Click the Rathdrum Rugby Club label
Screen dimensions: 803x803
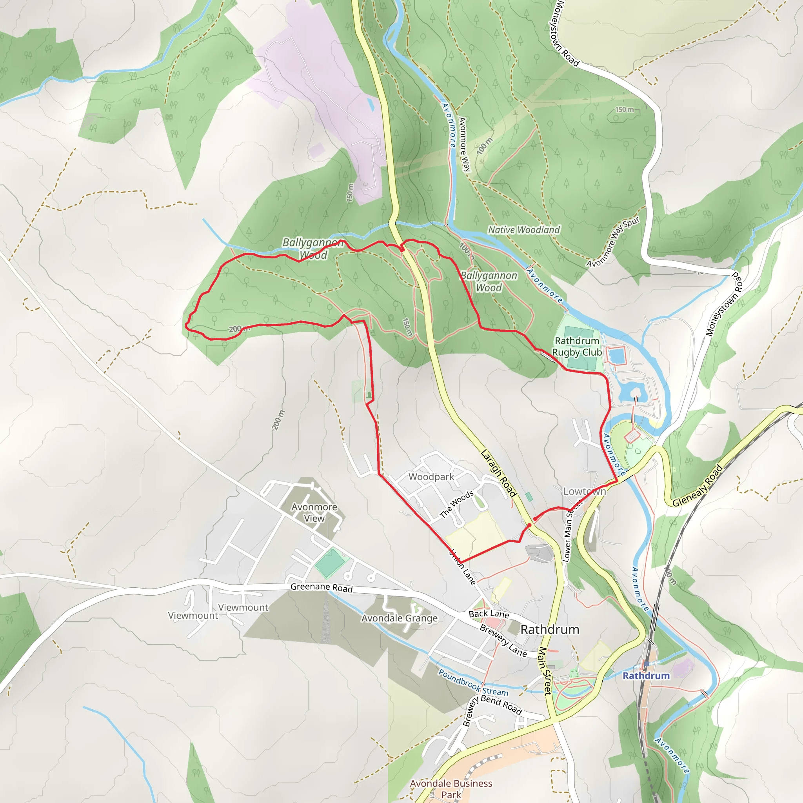(577, 347)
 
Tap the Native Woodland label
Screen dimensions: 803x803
(524, 230)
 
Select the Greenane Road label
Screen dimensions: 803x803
(321, 587)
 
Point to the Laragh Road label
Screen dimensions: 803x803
(498, 473)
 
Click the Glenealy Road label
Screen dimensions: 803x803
(698, 485)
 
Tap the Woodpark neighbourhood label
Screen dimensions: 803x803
(431, 477)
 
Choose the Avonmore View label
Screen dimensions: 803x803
(314, 512)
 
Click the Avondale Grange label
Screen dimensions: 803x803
(399, 618)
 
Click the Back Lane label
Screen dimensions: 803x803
(489, 614)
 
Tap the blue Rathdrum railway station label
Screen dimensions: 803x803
(646, 676)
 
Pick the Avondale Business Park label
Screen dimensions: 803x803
(451, 789)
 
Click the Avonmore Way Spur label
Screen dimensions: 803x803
(613, 242)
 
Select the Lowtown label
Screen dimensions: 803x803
(584, 491)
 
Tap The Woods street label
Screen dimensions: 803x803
(456, 504)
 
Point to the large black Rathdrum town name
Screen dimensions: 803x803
(550, 630)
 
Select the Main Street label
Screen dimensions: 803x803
(545, 670)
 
